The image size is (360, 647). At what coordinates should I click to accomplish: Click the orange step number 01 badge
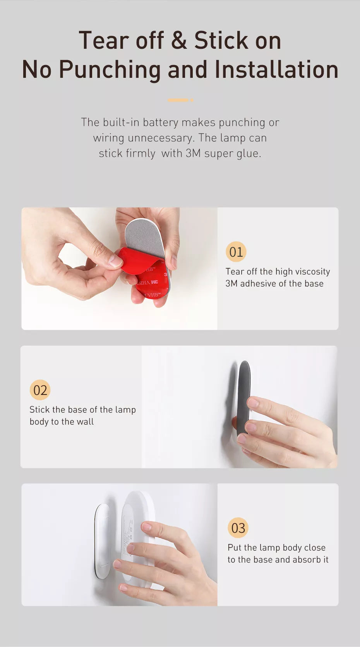(236, 252)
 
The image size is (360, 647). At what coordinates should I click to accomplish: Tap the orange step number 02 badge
(40, 390)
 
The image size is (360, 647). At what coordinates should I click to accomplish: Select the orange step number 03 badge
(238, 528)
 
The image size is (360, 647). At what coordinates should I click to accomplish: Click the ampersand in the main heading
(179, 41)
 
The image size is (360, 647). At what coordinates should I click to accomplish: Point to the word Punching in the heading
(110, 70)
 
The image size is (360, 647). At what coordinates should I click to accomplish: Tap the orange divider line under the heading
(180, 100)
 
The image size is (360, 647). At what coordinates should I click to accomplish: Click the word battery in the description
(161, 123)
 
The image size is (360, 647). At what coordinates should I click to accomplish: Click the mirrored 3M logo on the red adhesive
(154, 281)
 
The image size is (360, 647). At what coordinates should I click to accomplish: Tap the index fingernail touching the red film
(115, 261)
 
